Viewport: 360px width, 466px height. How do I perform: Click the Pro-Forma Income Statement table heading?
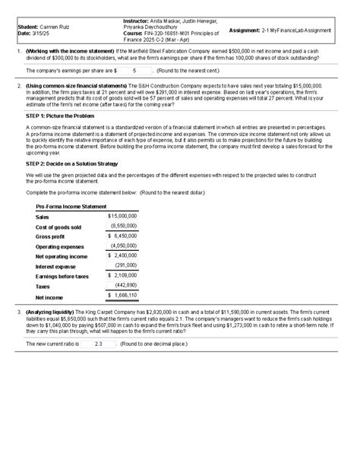(71, 207)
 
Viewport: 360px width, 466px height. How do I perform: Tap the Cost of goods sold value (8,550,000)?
(123, 226)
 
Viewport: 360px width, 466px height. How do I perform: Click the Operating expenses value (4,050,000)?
(123, 246)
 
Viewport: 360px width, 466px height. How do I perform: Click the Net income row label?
(50, 297)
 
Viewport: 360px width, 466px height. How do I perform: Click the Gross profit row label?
(50, 237)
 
